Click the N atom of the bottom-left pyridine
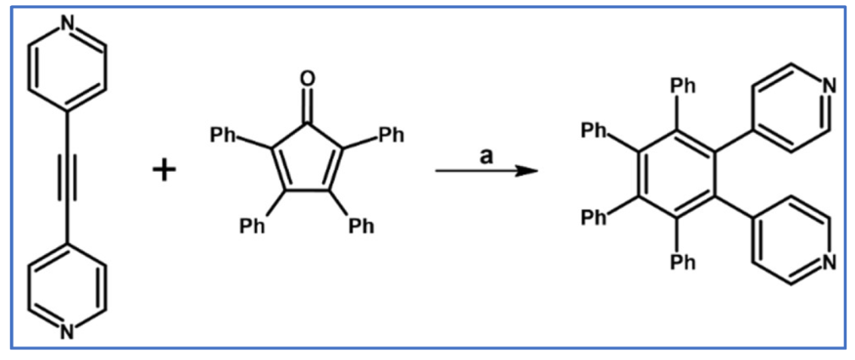pyautogui.click(x=67, y=331)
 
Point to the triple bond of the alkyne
pyautogui.click(x=67, y=179)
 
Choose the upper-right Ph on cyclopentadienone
pyautogui.click(x=391, y=136)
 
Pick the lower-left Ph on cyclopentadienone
pyautogui.click(x=253, y=225)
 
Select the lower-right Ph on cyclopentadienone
pyautogui.click(x=363, y=225)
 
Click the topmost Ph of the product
pyautogui.click(x=683, y=86)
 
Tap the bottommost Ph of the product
pyautogui.click(x=683, y=262)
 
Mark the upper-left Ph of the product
pyautogui.click(x=596, y=130)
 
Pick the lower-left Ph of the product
pyautogui.click(x=596, y=218)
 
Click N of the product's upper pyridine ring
pyautogui.click(x=828, y=85)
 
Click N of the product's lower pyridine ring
pyautogui.click(x=828, y=262)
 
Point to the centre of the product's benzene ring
pyautogui.click(x=676, y=174)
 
